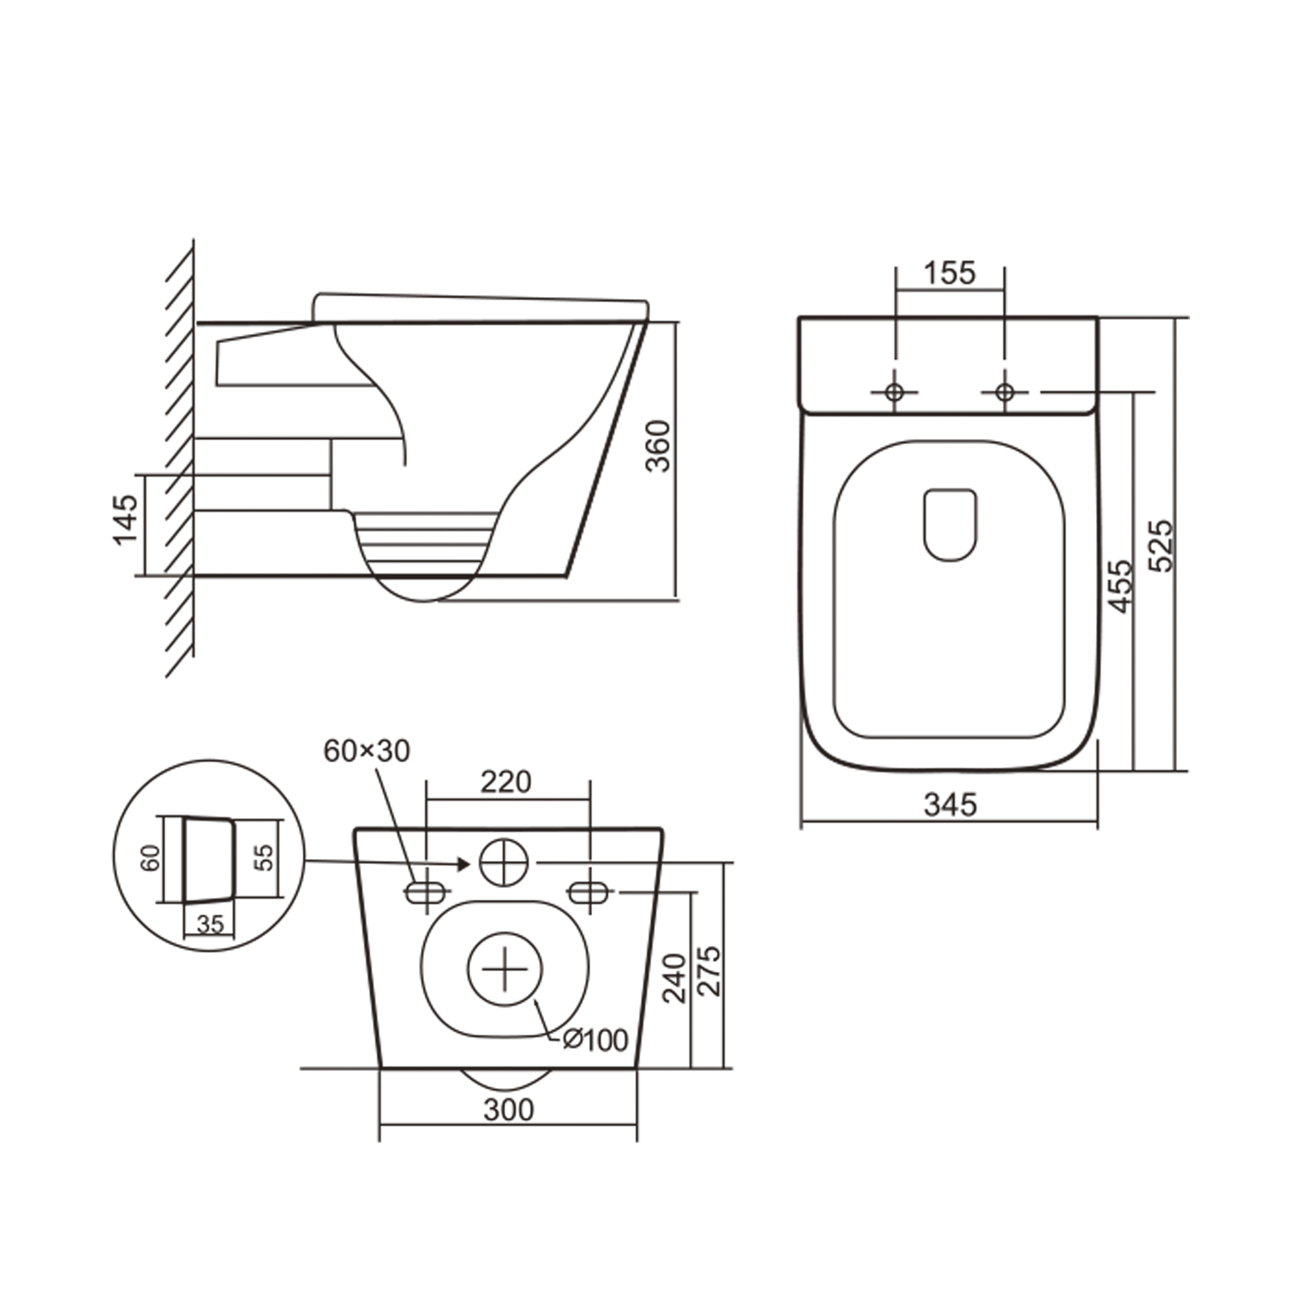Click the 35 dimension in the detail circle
coord(210,924)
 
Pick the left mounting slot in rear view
coord(426,893)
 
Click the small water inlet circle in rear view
coord(504,862)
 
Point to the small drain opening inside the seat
coord(950,525)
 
